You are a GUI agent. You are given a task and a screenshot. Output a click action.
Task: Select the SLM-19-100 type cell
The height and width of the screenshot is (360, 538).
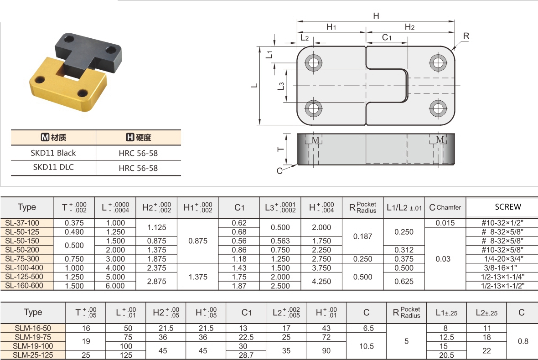[x=33, y=346]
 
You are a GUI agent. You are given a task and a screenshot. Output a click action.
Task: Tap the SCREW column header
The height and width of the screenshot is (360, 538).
[x=508, y=207]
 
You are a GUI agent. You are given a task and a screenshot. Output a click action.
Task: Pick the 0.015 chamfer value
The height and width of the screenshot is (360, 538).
[x=445, y=223]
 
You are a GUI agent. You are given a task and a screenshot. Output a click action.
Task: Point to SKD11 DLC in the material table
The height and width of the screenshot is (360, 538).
[x=53, y=167]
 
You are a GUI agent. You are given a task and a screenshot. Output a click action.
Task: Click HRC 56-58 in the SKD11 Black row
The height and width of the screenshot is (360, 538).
[x=138, y=153]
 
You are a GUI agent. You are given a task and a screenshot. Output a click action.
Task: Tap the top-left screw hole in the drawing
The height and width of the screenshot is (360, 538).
[x=314, y=63]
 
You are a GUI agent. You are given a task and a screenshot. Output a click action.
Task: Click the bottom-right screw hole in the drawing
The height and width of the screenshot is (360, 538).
[x=438, y=108]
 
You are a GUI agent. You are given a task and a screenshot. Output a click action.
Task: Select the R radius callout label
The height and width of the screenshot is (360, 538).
[x=466, y=36]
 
